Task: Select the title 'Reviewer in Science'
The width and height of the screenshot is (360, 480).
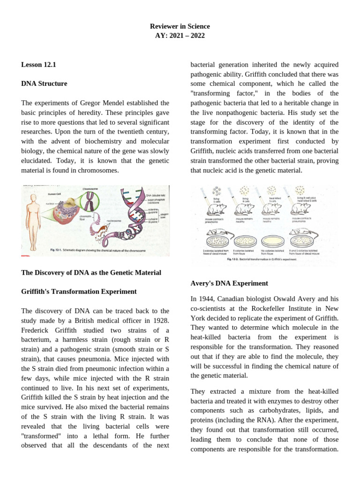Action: (x=180, y=26)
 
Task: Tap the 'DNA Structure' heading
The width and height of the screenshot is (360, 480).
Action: (x=44, y=83)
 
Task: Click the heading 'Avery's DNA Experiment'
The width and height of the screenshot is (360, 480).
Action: (x=229, y=283)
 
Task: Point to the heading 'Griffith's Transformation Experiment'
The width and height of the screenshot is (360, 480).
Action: (x=79, y=292)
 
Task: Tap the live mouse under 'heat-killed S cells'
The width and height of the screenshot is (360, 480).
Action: (x=272, y=208)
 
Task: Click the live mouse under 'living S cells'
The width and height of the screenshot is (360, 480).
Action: (x=216, y=208)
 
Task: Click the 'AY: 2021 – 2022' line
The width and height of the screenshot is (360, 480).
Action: (x=180, y=36)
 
